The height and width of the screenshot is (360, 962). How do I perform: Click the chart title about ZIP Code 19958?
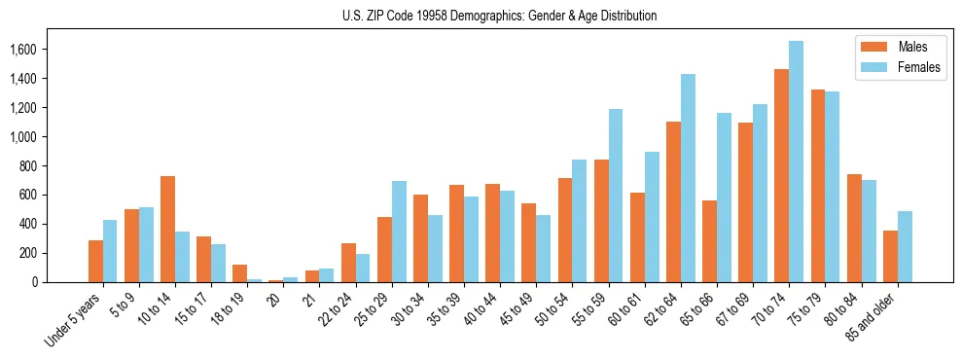click(500, 16)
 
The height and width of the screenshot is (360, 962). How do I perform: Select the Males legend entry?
click(899, 47)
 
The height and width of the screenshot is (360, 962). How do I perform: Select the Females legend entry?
click(899, 68)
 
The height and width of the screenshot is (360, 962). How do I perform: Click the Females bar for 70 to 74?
click(796, 162)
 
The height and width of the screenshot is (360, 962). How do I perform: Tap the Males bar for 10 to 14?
click(167, 230)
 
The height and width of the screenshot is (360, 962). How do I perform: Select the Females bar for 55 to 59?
click(616, 196)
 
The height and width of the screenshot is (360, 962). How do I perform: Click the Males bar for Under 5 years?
click(95, 261)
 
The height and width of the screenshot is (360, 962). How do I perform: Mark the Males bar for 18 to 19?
click(239, 273)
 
